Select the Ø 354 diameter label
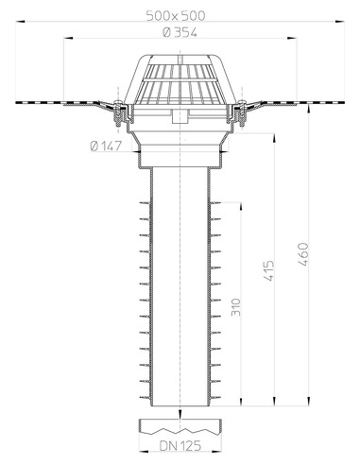tap(180, 34)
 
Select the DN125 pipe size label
tap(180, 443)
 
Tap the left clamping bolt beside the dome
tap(119, 112)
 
